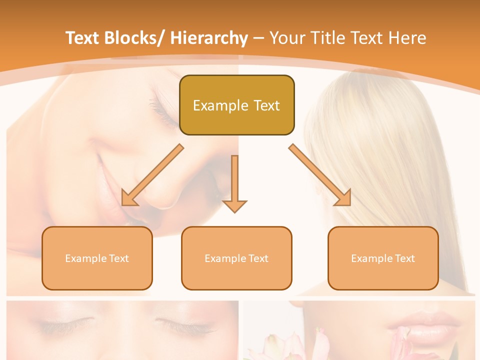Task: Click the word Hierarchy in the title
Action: pyautogui.click(x=209, y=38)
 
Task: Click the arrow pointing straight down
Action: pyautogui.click(x=234, y=180)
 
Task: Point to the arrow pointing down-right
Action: pyautogui.click(x=319, y=175)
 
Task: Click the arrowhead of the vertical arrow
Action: pyautogui.click(x=234, y=206)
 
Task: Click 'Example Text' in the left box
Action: pyautogui.click(x=97, y=258)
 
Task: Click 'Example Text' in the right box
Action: pyautogui.click(x=383, y=258)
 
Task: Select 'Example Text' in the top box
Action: pyautogui.click(x=236, y=105)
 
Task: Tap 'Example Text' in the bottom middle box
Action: pyautogui.click(x=236, y=258)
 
